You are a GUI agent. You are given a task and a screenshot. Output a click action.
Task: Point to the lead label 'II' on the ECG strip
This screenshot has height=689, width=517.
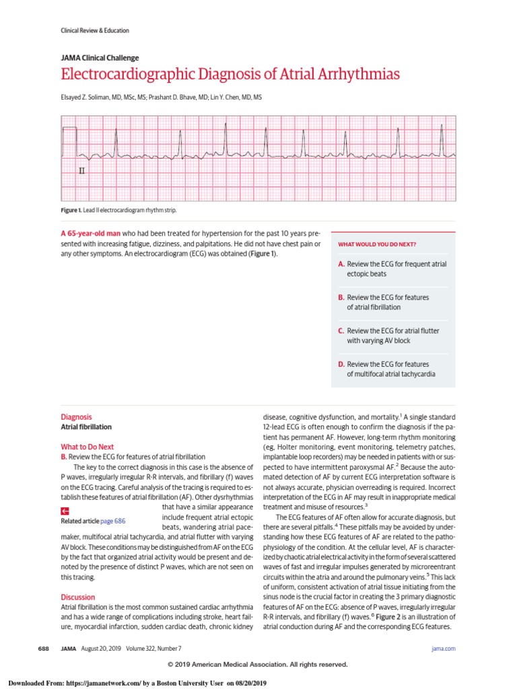[x=82, y=172]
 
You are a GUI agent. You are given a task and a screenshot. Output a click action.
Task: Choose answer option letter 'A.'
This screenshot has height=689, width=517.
[x=341, y=264]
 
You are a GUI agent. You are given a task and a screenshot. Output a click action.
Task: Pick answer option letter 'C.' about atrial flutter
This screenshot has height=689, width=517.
[x=341, y=330]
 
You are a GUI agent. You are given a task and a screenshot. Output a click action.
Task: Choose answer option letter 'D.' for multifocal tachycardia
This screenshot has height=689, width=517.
[x=341, y=363]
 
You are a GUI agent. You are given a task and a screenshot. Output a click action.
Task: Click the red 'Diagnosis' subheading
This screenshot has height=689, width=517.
[x=76, y=416]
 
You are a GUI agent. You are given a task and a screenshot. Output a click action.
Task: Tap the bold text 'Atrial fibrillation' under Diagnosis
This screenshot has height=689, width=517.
[x=86, y=427]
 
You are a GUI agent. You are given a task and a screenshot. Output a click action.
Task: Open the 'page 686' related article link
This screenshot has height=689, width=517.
[x=112, y=521]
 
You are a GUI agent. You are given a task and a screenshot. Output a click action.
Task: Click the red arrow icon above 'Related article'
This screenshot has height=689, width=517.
[x=65, y=511]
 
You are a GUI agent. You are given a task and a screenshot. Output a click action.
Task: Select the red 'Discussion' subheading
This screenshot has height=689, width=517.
[x=77, y=597]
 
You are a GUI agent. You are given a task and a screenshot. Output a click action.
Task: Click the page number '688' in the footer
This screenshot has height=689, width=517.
[x=42, y=648]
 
